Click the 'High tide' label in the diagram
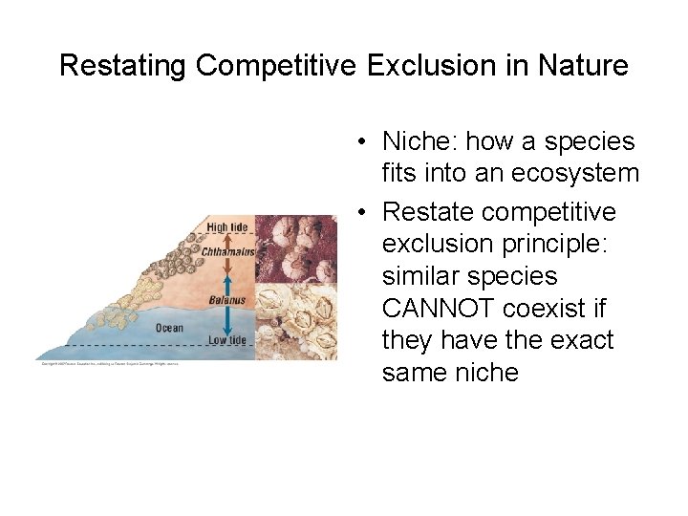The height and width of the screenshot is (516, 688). (226, 227)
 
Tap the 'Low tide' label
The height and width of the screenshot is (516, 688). (226, 340)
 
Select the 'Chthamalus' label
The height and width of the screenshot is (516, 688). (228, 251)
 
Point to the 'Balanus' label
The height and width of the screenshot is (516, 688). (228, 300)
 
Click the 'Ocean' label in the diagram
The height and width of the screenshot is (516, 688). (169, 328)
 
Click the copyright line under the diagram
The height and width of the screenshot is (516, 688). (110, 363)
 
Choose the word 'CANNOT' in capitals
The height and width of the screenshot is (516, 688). (438, 309)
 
